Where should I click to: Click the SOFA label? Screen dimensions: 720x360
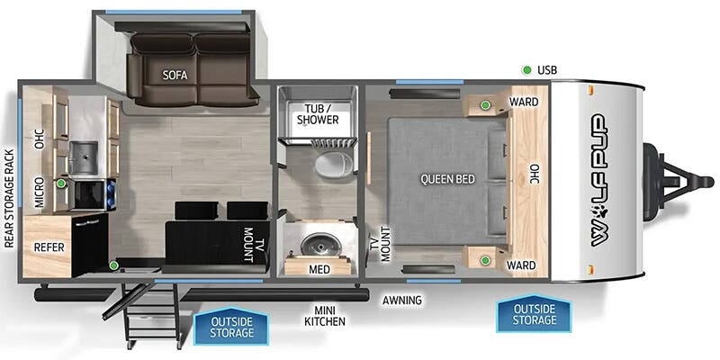point(175,76)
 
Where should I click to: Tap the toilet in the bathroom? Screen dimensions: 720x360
point(334,164)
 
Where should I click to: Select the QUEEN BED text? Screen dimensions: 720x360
point(447,179)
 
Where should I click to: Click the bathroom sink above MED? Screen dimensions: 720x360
point(320,244)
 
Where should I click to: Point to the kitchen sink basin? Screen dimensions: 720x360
point(84,157)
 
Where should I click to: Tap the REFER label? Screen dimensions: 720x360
point(49,247)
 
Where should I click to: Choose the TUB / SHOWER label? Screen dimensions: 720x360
point(318,114)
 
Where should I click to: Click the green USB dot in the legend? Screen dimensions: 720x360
point(526,70)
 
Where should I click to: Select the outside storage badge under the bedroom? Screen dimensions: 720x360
point(534,313)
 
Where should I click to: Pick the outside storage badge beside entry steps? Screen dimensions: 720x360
point(231,326)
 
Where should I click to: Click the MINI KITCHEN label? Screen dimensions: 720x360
point(325,316)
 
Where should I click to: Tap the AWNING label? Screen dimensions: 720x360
point(401,301)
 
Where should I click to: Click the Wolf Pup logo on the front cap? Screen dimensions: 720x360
point(600,179)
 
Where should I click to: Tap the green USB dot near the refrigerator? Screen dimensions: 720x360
point(113,265)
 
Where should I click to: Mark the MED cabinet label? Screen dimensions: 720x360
point(319,269)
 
